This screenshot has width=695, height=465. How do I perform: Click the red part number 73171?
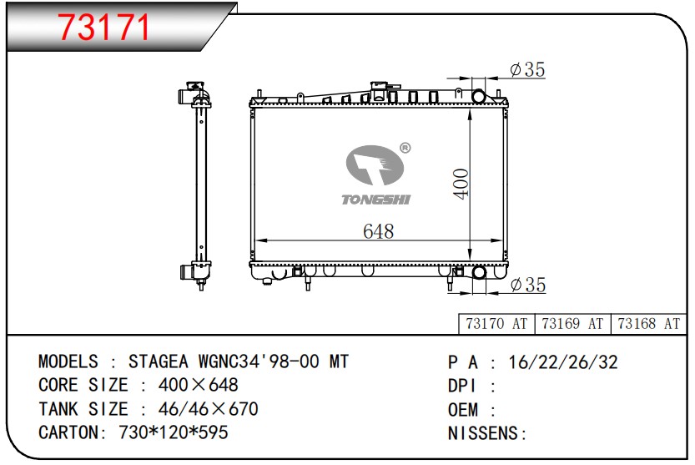click(104, 28)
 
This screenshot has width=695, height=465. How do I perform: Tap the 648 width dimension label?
click(378, 231)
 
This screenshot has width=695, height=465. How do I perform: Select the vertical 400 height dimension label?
click(461, 184)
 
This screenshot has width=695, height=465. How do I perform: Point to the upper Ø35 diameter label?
click(527, 69)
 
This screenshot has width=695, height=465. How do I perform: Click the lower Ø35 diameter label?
click(528, 285)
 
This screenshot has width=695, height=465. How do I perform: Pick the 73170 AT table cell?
click(496, 324)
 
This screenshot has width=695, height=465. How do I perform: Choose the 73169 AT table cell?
click(572, 324)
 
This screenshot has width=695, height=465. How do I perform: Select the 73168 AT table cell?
click(648, 324)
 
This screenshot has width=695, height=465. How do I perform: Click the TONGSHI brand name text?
click(375, 200)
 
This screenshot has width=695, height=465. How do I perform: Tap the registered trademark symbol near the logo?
click(405, 148)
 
